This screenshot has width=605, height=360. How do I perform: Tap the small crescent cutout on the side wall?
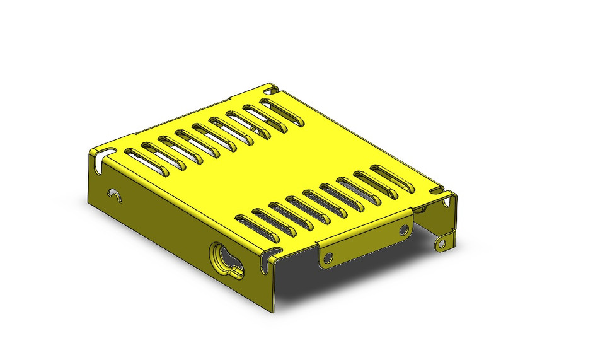click(114, 194)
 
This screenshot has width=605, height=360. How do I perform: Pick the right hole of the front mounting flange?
click(403, 230)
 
